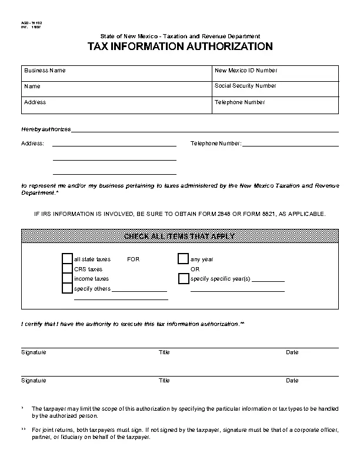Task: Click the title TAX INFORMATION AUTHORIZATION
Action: [180, 46]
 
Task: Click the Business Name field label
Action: [45, 71]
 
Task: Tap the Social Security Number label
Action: [245, 86]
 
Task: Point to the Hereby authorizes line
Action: [204, 129]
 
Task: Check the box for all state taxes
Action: [67, 259]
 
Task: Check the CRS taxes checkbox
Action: [67, 269]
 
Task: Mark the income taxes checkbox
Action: [67, 279]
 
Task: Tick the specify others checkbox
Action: [67, 289]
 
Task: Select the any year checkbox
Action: [183, 259]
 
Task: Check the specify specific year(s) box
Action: [183, 279]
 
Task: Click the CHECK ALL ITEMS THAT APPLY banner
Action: [180, 237]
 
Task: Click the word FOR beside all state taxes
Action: [134, 259]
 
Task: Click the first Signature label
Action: [34, 352]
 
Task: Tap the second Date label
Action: [292, 381]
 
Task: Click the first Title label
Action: [164, 352]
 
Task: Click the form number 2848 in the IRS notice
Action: [224, 214]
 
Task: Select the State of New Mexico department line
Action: [180, 36]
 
